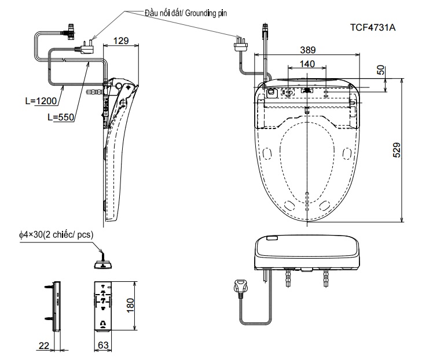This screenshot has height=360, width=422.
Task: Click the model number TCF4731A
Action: point(378,27)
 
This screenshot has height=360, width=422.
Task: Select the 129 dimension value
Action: point(120,42)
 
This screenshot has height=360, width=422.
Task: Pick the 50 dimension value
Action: point(380,71)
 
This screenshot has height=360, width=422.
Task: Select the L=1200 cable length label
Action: point(41,101)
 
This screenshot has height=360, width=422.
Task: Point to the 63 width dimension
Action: point(102,345)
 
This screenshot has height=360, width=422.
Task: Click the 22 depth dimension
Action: point(43,345)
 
